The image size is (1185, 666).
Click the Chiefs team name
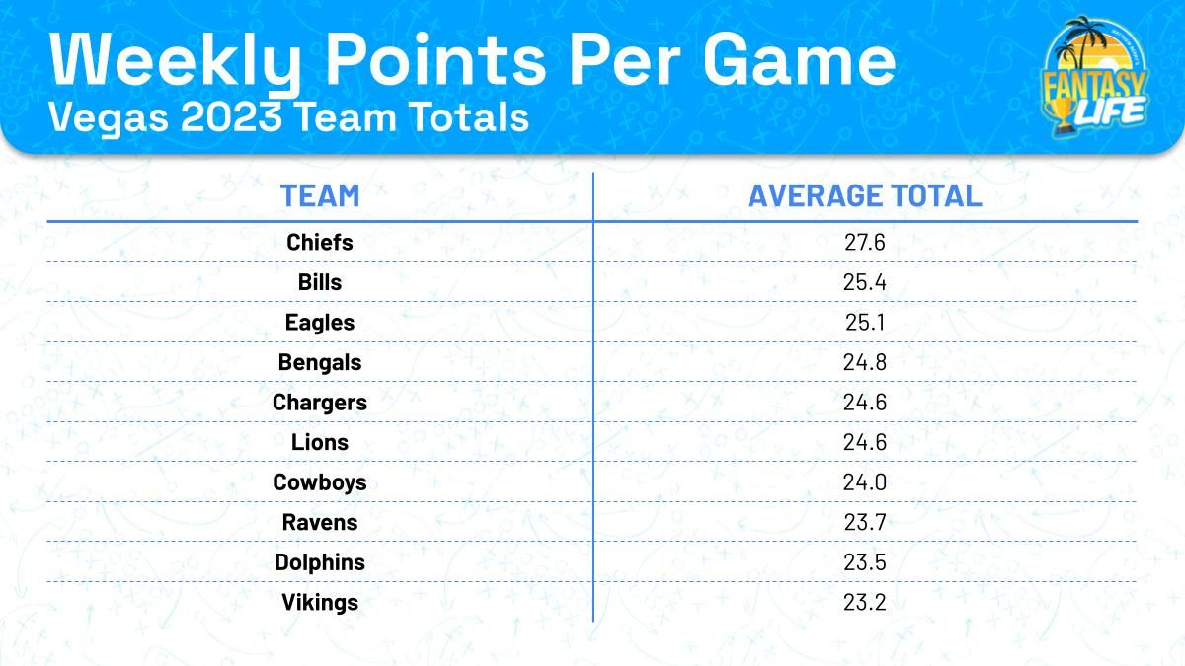point(320,242)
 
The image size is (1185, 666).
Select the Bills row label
point(320,282)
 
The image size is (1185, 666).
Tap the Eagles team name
point(320,323)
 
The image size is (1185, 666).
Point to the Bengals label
point(320,362)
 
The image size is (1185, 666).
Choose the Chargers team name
point(320,403)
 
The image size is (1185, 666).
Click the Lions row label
point(320,443)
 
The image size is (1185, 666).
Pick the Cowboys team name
point(320,482)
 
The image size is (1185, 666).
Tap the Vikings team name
point(320,602)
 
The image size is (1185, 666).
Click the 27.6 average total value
point(865,242)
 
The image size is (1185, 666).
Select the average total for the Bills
point(865,282)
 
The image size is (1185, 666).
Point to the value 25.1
point(865,323)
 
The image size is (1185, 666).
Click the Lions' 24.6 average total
point(865,443)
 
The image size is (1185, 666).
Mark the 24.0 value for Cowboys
point(865,482)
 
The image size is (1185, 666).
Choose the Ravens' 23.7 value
point(865,523)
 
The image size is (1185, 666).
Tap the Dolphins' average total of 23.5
point(865,562)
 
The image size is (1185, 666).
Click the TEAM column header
point(320,195)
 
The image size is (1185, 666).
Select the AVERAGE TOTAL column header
point(865,195)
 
